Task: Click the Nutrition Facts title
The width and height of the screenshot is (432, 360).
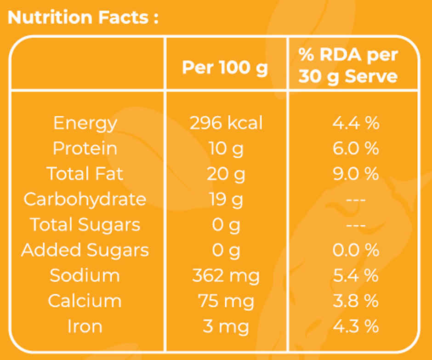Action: point(83,17)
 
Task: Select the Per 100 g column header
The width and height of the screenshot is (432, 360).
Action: point(225,68)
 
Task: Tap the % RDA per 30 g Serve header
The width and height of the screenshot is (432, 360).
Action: point(348,66)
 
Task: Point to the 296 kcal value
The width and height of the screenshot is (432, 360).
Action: point(226,123)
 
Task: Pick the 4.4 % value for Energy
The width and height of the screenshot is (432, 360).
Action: point(356,123)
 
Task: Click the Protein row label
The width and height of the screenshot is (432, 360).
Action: point(85,149)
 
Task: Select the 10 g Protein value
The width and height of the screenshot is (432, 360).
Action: point(226,149)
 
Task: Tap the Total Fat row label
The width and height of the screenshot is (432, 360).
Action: point(85,174)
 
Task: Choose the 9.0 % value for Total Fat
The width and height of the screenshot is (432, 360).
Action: point(356,174)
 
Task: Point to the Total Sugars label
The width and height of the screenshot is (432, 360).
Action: point(85,225)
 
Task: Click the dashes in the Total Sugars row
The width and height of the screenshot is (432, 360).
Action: point(356,225)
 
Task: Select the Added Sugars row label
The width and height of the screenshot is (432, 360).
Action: point(85,251)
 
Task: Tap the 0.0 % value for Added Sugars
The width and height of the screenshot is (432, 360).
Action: point(356,250)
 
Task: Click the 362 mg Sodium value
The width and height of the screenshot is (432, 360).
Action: point(226,276)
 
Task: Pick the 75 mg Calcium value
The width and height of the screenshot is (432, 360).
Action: point(226,302)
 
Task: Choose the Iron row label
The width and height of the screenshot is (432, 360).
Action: point(85,326)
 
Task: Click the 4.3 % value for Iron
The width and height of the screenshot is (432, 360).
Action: point(356,326)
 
